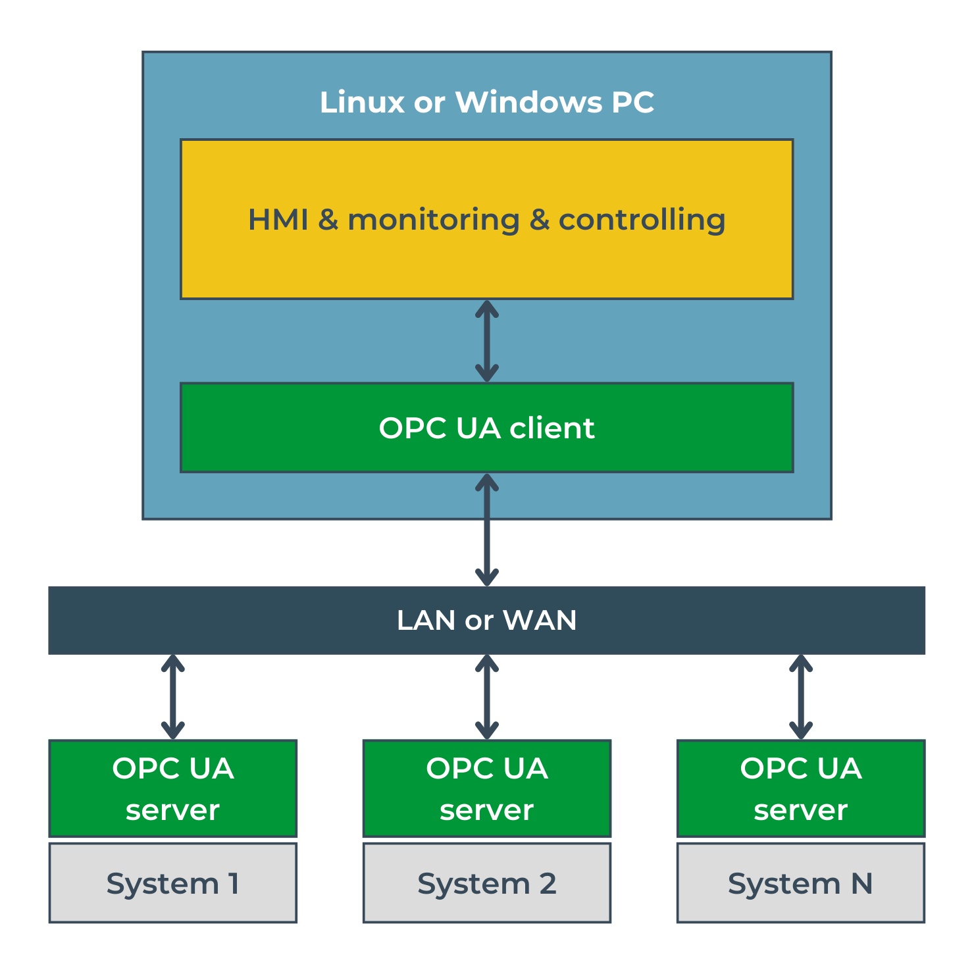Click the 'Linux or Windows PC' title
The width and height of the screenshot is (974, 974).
tap(487, 102)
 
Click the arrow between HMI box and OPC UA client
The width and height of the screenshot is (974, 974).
tap(487, 341)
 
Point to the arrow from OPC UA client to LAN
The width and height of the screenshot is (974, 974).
tap(487, 530)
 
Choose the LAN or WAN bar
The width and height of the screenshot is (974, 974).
tap(263, 620)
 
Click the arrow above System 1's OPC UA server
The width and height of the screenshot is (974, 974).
tap(173, 697)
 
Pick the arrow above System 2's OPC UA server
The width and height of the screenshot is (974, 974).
tap(487, 697)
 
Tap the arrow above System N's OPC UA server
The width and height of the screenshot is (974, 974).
tap(801, 697)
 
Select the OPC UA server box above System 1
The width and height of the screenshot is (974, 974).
tap(173, 788)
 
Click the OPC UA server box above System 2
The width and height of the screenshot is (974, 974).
tap(487, 788)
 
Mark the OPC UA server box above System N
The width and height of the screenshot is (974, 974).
tap(801, 788)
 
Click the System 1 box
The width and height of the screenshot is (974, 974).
tap(173, 883)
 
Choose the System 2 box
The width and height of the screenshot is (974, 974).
tap(487, 883)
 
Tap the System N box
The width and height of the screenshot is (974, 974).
tap(801, 883)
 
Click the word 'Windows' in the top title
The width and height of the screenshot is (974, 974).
tap(528, 102)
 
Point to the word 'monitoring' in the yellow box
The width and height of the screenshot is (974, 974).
tap(434, 220)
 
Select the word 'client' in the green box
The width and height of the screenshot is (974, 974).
tap(552, 428)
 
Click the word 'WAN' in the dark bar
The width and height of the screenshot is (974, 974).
tap(540, 620)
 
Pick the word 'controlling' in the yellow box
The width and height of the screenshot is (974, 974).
tap(642, 220)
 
